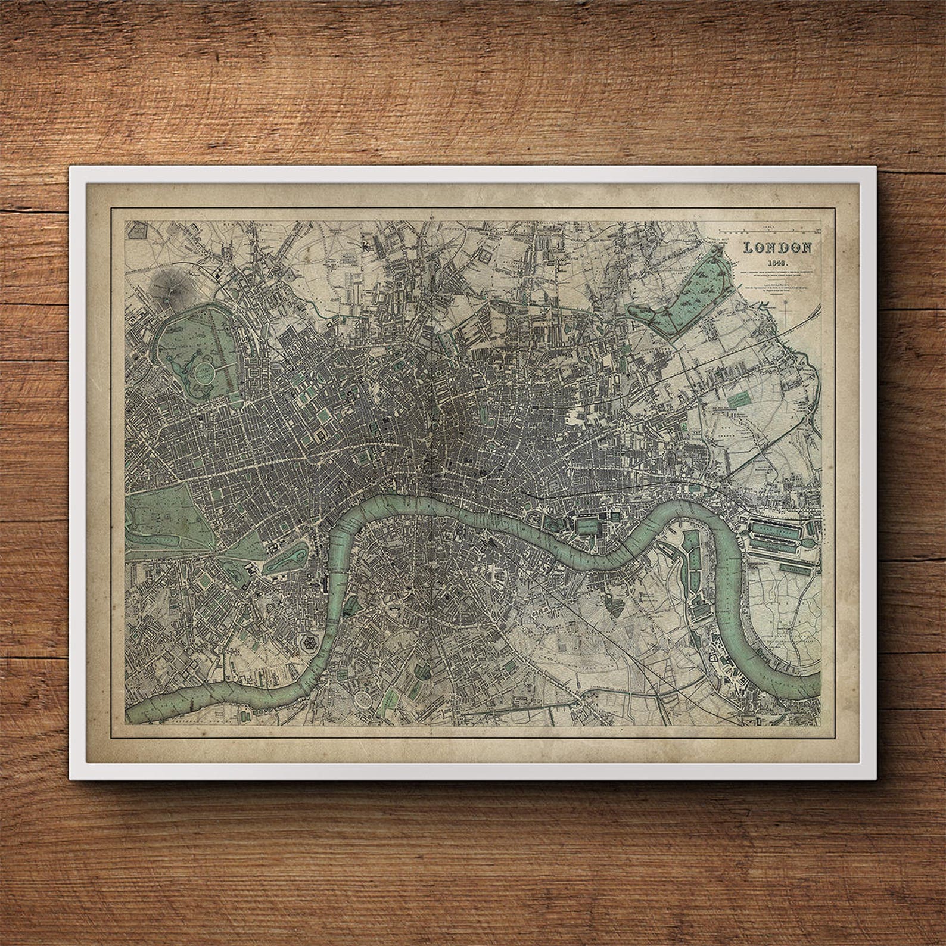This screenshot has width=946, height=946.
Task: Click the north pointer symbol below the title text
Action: tap(791, 309)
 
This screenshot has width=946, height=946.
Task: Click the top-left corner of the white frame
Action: tap(70, 167)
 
